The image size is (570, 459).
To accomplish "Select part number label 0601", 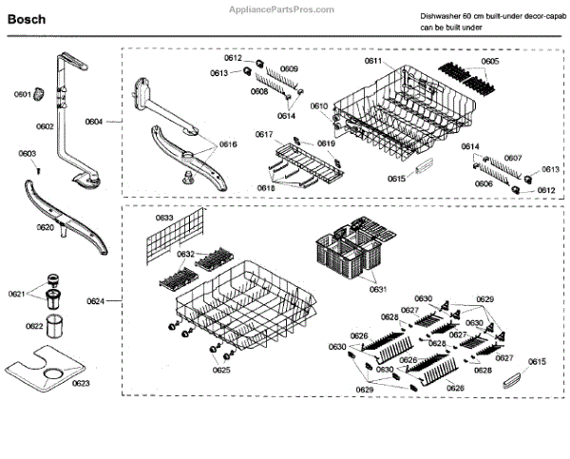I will [x=21, y=95].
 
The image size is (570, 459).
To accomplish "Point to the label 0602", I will [x=44, y=126].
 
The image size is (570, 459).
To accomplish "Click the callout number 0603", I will [x=27, y=153].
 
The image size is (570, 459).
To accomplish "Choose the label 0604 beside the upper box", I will [x=94, y=123].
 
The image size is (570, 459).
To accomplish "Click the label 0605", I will [x=489, y=62].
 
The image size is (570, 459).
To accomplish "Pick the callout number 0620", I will [x=46, y=228].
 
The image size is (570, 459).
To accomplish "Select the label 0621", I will [x=16, y=294].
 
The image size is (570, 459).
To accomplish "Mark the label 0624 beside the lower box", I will [x=95, y=301].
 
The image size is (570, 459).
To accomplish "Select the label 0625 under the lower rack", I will [x=221, y=370].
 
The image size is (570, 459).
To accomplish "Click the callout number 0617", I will [x=264, y=135].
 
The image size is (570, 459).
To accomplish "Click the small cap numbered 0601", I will [x=41, y=92].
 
